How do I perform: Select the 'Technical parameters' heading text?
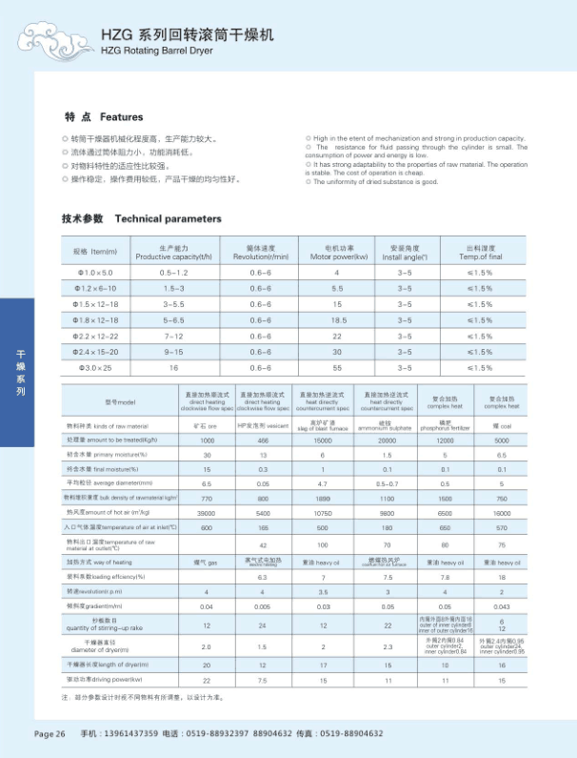(x=168, y=218)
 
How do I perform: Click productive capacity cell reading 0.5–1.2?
(x=174, y=274)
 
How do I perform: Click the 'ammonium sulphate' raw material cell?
(x=387, y=424)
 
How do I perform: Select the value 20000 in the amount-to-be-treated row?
(x=387, y=440)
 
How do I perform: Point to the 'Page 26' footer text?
(x=50, y=733)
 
